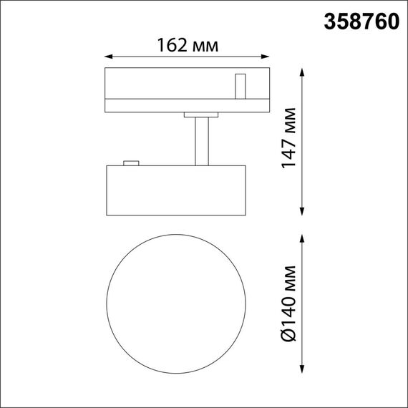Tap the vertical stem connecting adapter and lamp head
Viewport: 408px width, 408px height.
201,141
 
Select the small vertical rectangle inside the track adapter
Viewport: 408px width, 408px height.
241,86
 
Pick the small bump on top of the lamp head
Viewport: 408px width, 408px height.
130,162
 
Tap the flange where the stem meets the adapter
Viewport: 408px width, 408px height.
200,114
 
